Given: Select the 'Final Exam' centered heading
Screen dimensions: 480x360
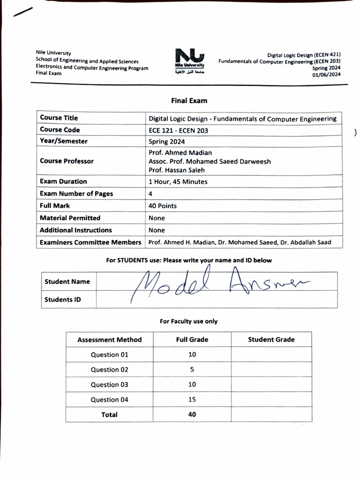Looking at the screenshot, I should (x=189, y=100).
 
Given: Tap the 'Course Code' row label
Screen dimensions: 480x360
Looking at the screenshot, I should (x=60, y=130).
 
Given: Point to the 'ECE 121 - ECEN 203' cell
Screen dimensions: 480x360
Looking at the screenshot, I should (x=179, y=130).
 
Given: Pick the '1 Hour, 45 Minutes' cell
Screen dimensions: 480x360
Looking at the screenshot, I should (x=178, y=181).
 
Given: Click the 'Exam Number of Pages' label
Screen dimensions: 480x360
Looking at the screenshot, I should (x=76, y=194).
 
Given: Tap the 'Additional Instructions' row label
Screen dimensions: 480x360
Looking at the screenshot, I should (x=76, y=230).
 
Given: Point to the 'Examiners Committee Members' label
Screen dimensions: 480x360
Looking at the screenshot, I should (x=90, y=242).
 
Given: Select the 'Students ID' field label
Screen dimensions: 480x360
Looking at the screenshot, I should (x=62, y=300).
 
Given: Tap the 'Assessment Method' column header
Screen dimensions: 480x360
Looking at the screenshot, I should (x=109, y=340).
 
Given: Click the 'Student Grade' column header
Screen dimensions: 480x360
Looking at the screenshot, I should (x=271, y=339).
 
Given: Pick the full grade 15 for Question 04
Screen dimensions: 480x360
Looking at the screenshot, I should (x=192, y=400).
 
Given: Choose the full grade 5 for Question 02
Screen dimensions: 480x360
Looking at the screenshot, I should (x=192, y=369).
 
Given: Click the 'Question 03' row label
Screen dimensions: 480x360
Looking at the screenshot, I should (x=109, y=385).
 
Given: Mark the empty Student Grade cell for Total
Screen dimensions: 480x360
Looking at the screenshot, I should (x=271, y=414).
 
